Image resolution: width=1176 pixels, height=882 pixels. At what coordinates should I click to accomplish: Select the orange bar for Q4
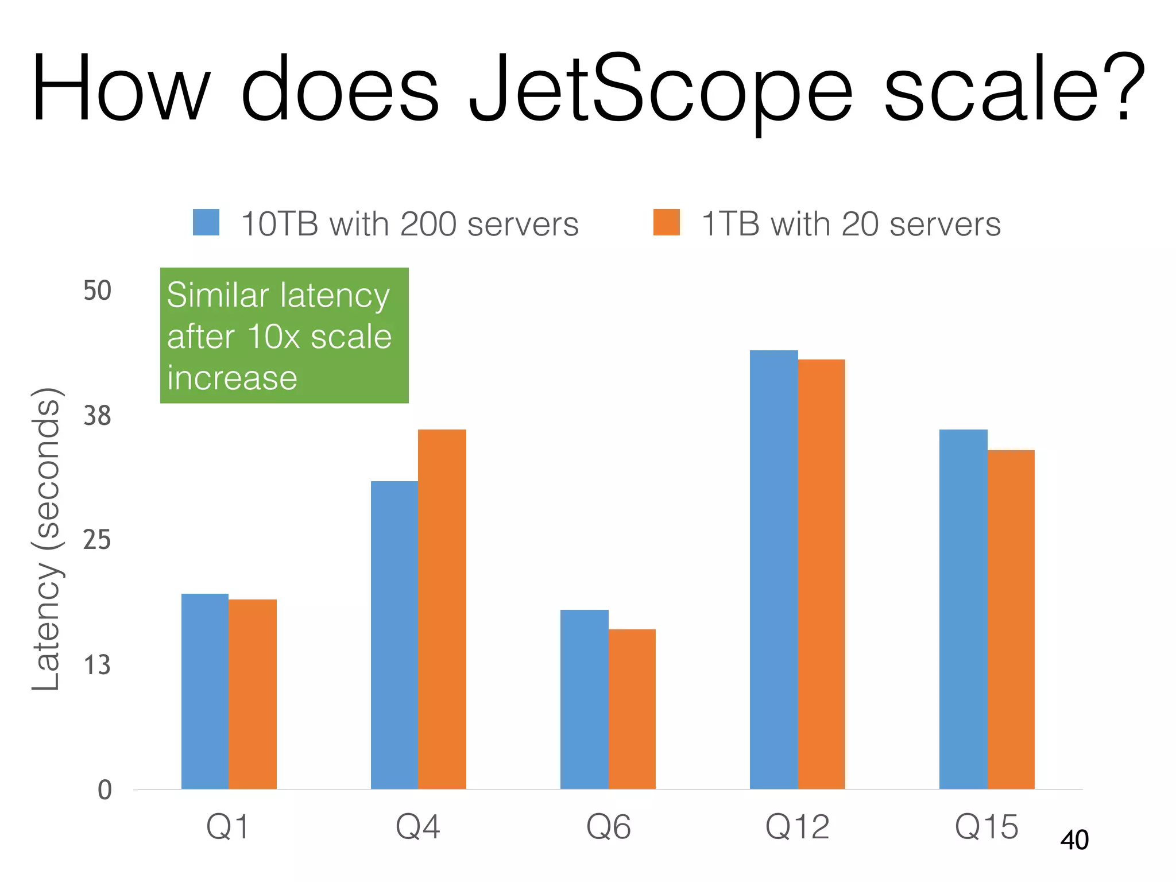coord(442,609)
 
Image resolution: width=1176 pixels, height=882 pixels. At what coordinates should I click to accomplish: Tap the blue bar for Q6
coord(584,699)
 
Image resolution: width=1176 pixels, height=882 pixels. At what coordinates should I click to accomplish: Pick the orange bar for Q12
coord(822,574)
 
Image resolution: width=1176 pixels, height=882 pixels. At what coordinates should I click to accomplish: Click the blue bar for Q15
coord(963,609)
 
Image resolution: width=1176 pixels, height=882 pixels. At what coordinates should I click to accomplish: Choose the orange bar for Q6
coord(632,709)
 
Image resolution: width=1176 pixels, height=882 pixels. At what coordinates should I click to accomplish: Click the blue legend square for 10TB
coord(206,222)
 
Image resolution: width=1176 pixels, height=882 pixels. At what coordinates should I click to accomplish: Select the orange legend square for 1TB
coord(666,222)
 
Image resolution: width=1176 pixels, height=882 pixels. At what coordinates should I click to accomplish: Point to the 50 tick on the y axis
coord(97,291)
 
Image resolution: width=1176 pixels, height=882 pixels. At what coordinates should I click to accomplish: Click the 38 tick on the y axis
coord(97,415)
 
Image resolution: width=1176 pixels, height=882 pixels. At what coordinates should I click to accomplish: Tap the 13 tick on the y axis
coord(97,665)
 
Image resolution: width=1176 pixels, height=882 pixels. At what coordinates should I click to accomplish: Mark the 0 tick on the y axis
coord(105,790)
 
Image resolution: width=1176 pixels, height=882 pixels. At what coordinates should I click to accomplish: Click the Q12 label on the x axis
coord(798,827)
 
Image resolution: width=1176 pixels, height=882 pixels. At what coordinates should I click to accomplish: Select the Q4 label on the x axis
coord(418,827)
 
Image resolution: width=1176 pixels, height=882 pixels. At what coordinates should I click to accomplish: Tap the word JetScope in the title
coord(660,89)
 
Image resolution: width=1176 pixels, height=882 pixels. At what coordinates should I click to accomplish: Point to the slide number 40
coord(1074,840)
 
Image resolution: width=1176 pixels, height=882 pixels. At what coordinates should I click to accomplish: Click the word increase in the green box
coord(232,378)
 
